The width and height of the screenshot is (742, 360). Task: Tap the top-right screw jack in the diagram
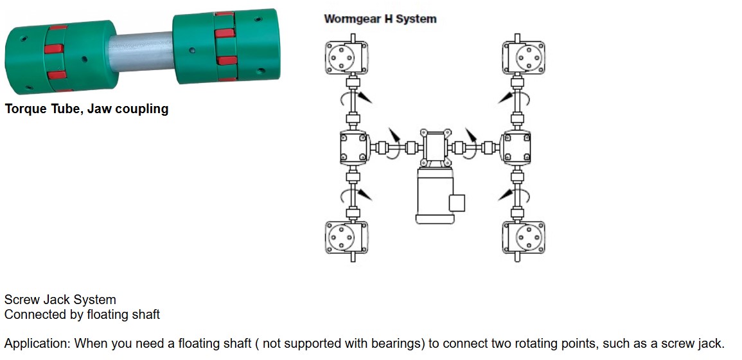tap(524, 57)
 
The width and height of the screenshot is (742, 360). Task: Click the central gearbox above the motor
tap(436, 147)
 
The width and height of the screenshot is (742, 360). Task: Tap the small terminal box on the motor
tap(457, 203)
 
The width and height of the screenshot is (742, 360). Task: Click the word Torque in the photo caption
tap(25, 109)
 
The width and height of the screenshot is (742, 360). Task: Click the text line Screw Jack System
tap(60, 300)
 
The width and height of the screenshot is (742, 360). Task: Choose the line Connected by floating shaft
tap(82, 314)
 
